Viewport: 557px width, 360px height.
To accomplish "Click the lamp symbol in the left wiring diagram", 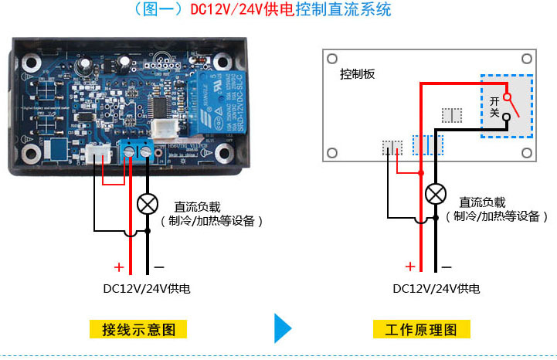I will pyautogui.click(x=147, y=204).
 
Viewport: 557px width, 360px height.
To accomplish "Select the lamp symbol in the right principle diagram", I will pyautogui.click(x=436, y=193).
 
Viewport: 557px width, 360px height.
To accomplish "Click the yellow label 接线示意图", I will pyautogui.click(x=144, y=330).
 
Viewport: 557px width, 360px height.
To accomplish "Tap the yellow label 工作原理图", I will pyautogui.click(x=422, y=330).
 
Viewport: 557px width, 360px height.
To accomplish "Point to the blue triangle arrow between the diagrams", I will pyautogui.click(x=283, y=328).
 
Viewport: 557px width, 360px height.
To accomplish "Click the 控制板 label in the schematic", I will pyautogui.click(x=357, y=74).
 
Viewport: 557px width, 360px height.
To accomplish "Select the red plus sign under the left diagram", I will pyautogui.click(x=119, y=267).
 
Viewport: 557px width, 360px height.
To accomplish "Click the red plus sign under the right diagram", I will pyautogui.click(x=409, y=267).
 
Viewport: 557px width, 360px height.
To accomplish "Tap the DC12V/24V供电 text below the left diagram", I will pyautogui.click(x=147, y=289).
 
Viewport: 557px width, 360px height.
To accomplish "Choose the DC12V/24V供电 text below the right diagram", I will pyautogui.click(x=436, y=289).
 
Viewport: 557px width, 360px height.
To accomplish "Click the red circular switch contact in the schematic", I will pyautogui.click(x=506, y=97).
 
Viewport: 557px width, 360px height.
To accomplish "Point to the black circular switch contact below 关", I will pyautogui.click(x=506, y=118).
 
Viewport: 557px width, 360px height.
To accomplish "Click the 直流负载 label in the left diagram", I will pyautogui.click(x=197, y=207).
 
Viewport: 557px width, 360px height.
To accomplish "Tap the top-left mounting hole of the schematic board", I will pyautogui.click(x=333, y=58).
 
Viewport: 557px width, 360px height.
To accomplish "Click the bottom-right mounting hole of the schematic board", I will pyautogui.click(x=525, y=151).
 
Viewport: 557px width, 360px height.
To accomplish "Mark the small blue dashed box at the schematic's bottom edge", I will pyautogui.click(x=427, y=145).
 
